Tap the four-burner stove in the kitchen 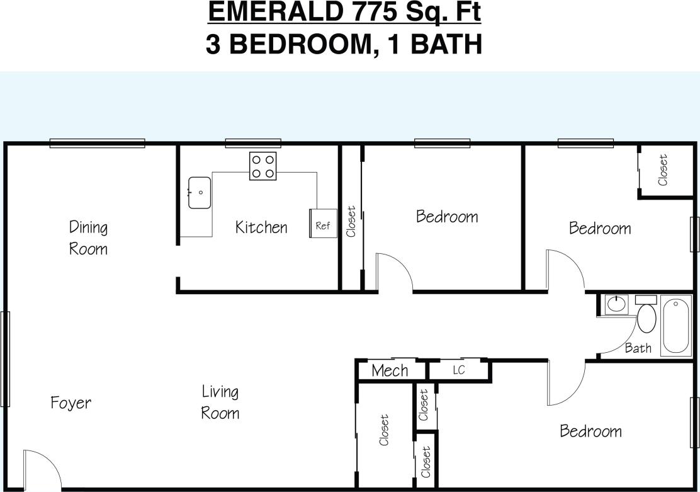click(263, 166)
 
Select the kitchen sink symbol click(199, 192)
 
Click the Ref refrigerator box click(322, 224)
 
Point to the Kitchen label click(261, 227)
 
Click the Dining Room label click(88, 237)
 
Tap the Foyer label click(71, 403)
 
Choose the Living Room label click(220, 403)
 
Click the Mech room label click(390, 371)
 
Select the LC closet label click(458, 370)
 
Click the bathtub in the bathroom click(675, 326)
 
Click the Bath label click(638, 348)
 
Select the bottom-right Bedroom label click(590, 432)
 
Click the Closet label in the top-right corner click(663, 170)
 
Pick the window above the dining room click(97, 143)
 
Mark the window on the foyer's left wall click(5, 358)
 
